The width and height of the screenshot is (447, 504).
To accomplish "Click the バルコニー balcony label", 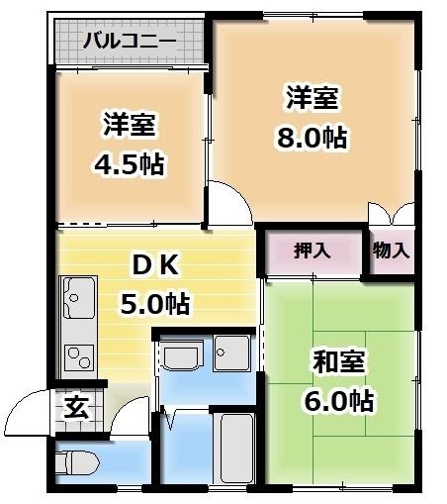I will tap(129, 41).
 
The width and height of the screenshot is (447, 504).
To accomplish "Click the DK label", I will tap(153, 265).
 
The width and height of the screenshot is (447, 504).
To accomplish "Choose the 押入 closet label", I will tap(313, 251).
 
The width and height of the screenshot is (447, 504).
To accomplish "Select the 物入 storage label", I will tap(391, 251).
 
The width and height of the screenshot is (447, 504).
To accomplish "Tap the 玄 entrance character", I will tap(75, 407).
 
